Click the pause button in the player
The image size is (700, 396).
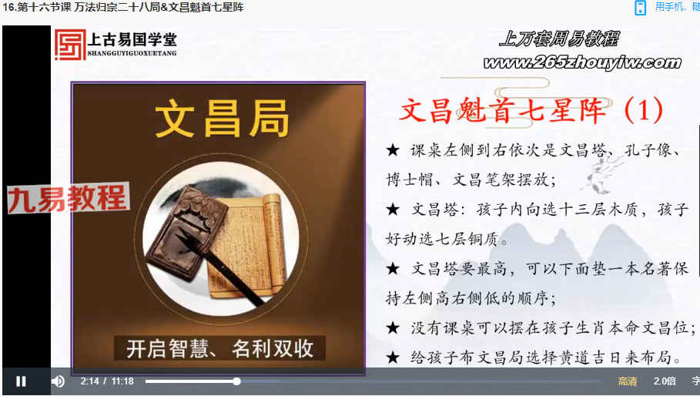21,381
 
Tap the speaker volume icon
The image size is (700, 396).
58,381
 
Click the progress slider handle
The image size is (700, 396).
237,381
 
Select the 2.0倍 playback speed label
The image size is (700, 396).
665,381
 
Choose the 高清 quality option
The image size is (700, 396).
628,381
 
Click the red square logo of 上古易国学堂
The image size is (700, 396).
69,45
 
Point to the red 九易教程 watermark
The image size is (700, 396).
69,198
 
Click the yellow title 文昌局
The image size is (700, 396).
222,119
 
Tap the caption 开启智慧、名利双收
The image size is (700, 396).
219,349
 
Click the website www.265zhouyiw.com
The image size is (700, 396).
583,63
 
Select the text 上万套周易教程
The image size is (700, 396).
559,39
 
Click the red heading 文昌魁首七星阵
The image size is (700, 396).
503,110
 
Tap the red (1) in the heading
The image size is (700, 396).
644,110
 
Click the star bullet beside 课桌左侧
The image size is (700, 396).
393,150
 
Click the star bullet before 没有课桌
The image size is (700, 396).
393,328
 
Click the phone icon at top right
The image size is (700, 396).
640,8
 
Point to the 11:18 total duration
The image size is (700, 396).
122,381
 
